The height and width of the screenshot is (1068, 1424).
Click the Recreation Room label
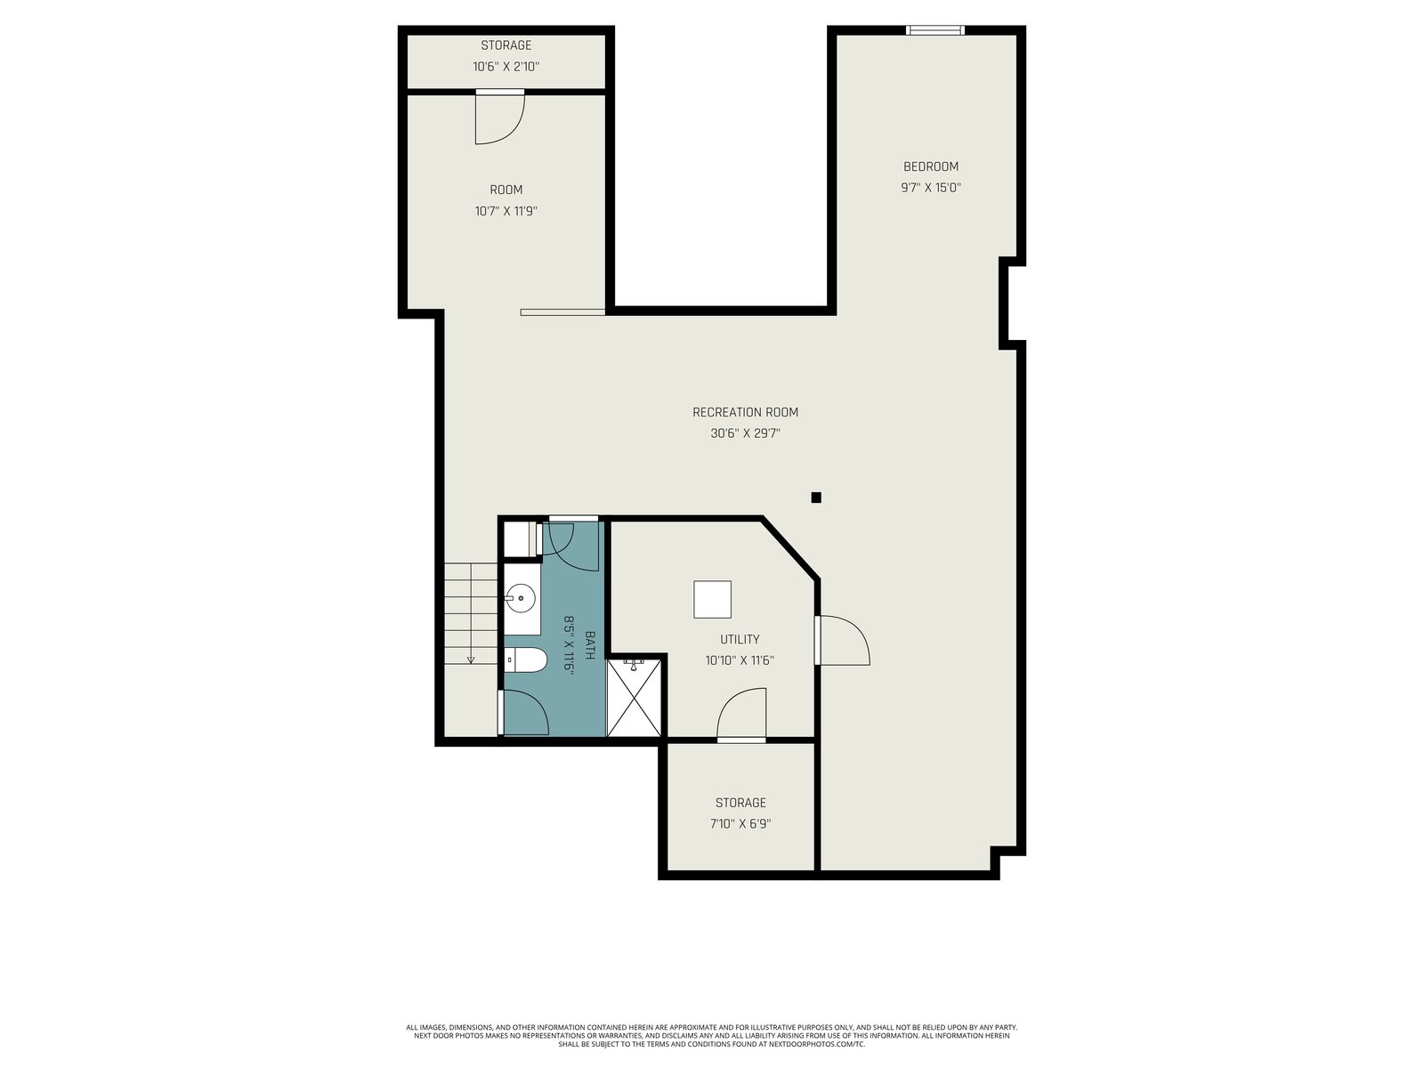tap(745, 412)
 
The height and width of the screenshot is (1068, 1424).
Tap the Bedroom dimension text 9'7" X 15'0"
tap(930, 188)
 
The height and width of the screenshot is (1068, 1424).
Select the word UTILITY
tap(740, 639)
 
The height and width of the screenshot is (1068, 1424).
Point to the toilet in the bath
tap(526, 659)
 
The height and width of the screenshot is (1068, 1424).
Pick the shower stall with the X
tap(633, 697)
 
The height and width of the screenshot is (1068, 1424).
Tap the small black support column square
tap(816, 498)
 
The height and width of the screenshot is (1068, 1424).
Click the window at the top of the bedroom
tap(934, 30)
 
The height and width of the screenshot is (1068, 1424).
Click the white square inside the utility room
tap(712, 599)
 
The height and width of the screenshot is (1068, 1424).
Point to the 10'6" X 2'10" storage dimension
tap(506, 66)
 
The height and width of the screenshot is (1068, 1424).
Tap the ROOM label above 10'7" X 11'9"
tap(506, 190)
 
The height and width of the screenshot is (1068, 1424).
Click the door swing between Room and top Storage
tap(499, 117)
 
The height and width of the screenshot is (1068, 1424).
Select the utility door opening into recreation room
tap(842, 640)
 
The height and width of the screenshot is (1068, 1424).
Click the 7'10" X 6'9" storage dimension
tap(740, 823)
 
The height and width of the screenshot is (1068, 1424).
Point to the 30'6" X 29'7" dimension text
tap(745, 433)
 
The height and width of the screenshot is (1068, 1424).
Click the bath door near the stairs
tap(523, 712)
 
